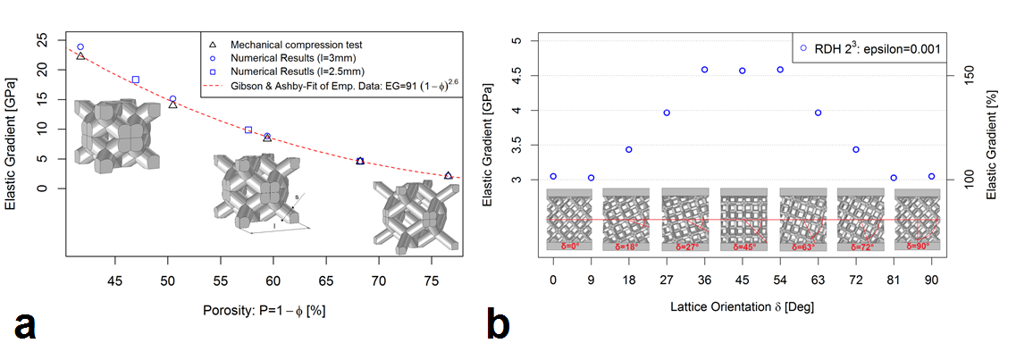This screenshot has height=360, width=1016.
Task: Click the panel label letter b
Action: [499, 324]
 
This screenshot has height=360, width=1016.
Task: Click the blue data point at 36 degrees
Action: [704, 69]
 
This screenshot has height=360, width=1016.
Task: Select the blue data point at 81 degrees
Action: [894, 178]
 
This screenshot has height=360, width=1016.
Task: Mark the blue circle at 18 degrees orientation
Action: [628, 149]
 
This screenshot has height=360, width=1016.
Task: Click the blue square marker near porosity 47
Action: [136, 80]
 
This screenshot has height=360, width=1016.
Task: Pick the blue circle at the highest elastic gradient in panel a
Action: [80, 46]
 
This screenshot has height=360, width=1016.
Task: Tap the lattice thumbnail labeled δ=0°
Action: [570, 218]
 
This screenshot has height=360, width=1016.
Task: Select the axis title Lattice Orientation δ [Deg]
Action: [742, 306]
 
